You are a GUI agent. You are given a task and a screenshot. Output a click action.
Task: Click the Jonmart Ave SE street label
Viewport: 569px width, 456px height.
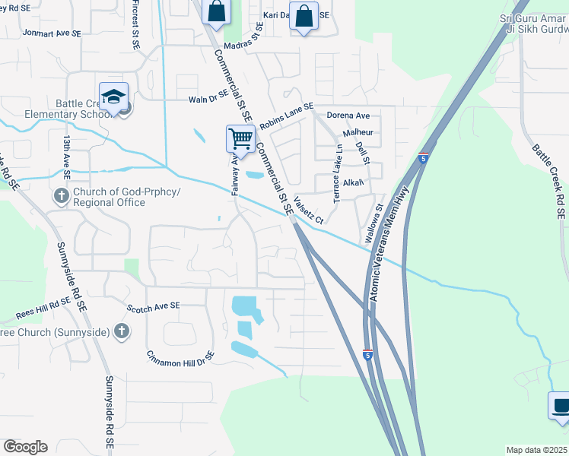click(x=51, y=33)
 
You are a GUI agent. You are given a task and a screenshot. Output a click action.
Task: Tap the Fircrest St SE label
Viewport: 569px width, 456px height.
click(x=135, y=26)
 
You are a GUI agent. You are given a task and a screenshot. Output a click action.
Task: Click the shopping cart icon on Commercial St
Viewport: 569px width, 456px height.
click(x=240, y=139)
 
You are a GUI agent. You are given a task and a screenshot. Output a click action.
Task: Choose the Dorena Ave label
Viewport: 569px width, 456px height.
click(x=348, y=116)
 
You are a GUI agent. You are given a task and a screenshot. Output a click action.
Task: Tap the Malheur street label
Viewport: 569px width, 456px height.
click(x=358, y=132)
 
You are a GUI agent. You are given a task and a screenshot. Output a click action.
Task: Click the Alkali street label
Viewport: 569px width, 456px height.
click(x=354, y=183)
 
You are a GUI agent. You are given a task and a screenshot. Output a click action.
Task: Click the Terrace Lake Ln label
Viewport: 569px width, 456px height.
click(x=337, y=172)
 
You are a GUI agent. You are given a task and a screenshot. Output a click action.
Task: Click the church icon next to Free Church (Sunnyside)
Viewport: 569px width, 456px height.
click(x=121, y=331)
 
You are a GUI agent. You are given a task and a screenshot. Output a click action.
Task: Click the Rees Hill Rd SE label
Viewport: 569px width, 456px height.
click(x=44, y=308)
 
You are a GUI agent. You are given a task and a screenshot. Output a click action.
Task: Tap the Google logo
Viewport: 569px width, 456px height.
click(x=25, y=447)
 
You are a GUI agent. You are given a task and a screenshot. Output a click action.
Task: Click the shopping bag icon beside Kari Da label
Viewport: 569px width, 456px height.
click(x=304, y=17)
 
